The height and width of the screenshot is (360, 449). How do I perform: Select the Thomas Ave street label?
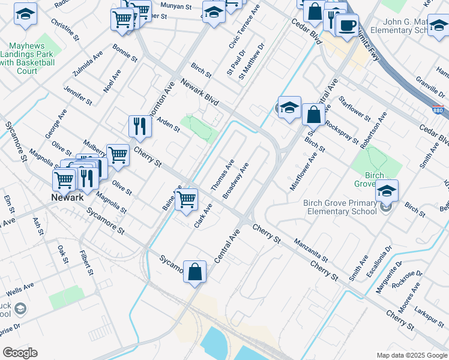point(223,175)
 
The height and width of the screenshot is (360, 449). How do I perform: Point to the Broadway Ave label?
point(235,180)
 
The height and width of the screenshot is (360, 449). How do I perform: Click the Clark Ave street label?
point(203,216)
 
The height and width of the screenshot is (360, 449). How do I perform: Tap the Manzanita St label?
point(311,251)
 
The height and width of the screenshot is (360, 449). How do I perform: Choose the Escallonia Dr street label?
point(381,256)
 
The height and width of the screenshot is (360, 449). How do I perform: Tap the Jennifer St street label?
point(77,95)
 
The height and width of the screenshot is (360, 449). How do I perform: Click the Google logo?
point(20,353)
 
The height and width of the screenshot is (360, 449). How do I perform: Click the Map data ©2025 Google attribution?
point(411,355)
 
